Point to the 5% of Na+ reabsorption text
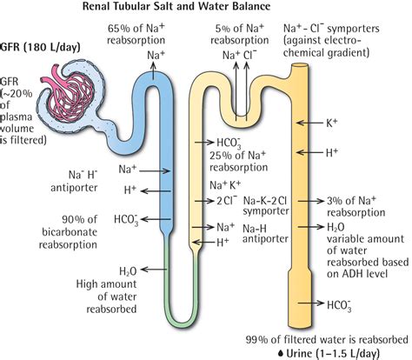(237, 35)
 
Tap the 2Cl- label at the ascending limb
(225, 199)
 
